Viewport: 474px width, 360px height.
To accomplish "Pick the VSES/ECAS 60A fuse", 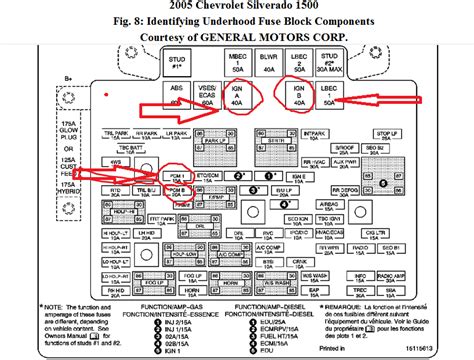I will pos(208,95).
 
